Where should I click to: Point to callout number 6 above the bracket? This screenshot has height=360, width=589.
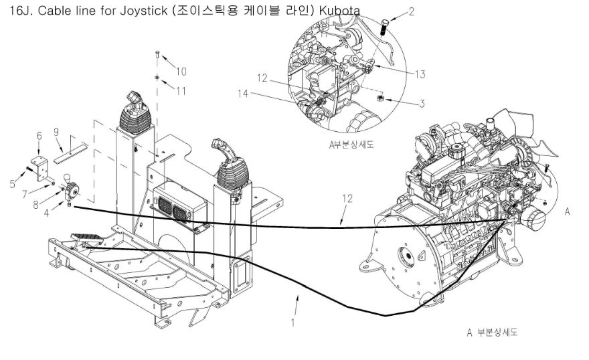[x=39, y=136]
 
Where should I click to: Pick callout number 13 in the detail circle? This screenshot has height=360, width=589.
[x=420, y=74]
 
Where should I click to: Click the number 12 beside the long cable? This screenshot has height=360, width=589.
[x=345, y=199]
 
